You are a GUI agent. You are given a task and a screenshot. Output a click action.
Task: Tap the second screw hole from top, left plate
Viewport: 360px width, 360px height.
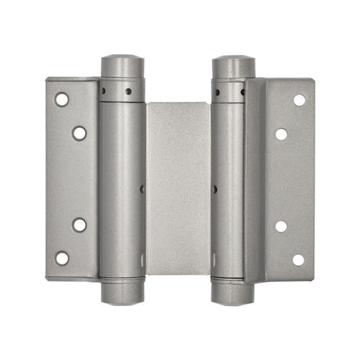click(x=79, y=132)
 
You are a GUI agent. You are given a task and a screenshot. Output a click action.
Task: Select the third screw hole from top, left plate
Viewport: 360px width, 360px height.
click(x=79, y=225)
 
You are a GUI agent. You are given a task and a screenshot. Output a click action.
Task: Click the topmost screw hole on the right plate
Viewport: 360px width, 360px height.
click(x=299, y=100)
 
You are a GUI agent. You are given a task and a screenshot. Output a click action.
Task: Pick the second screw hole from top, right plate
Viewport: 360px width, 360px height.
click(x=281, y=133)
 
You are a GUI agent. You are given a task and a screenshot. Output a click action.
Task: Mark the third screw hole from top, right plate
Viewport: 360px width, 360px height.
click(x=281, y=226)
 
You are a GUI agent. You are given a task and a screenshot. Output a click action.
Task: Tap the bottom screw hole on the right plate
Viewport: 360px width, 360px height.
click(x=298, y=259)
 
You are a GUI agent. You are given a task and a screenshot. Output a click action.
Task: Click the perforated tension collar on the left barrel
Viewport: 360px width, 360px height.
click(x=122, y=91)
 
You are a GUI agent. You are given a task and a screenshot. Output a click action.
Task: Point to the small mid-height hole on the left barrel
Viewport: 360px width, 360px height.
click(x=140, y=189)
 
